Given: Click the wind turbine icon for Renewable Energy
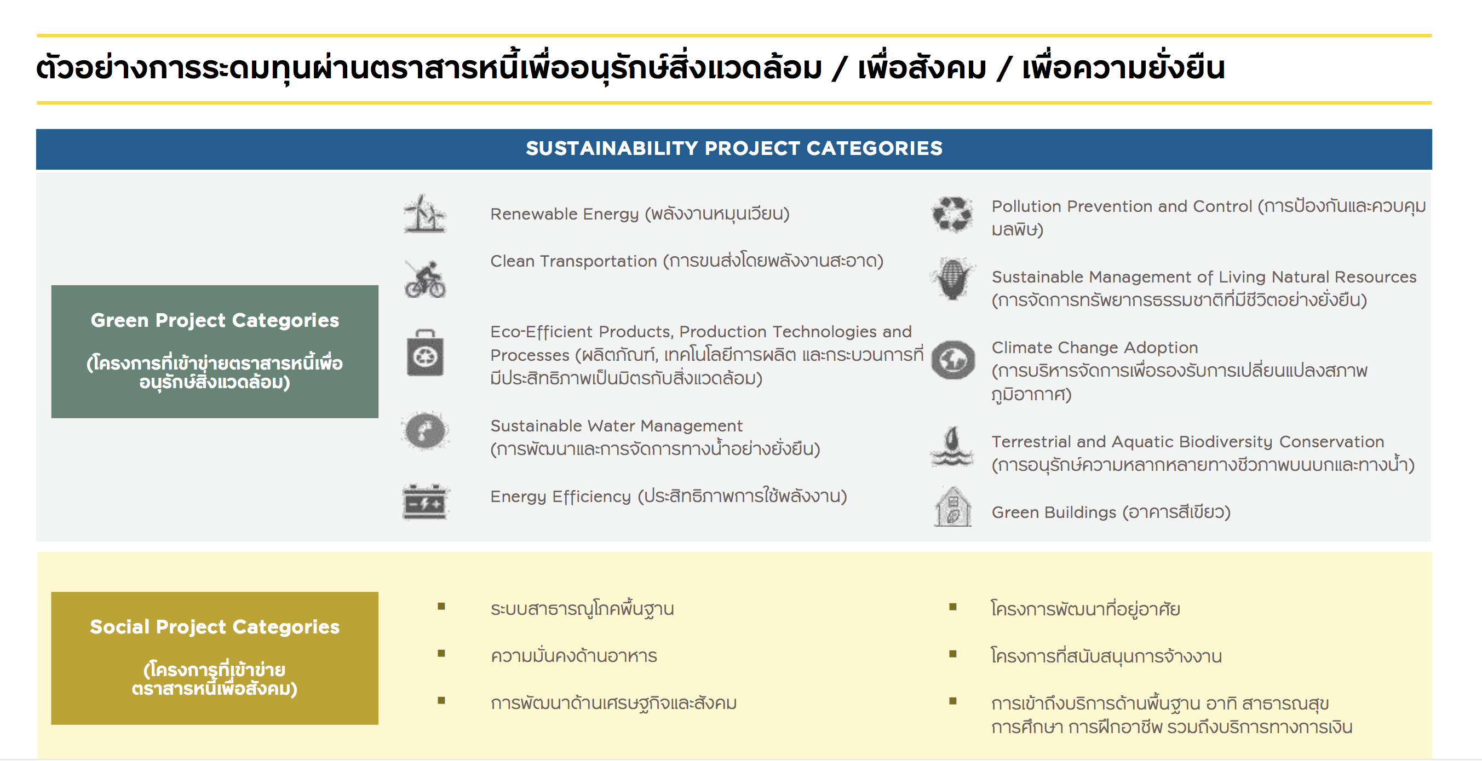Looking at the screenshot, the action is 424,214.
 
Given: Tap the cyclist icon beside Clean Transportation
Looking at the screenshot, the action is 425,279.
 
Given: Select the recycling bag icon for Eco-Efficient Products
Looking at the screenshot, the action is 425,353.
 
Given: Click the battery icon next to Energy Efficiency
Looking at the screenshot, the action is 425,502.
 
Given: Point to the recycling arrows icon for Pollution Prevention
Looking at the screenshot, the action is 952,215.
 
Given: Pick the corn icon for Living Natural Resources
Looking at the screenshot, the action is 952,279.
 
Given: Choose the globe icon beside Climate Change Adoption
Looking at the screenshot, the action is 953,361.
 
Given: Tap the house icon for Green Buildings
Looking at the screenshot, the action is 953,507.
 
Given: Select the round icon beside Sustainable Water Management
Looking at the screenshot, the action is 425,431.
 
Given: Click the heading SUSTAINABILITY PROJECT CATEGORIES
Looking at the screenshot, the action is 734,148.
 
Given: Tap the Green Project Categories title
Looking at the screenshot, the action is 215,320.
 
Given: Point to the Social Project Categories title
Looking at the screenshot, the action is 215,627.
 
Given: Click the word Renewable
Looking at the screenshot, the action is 534,214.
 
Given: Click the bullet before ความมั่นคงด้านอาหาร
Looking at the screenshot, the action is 441,654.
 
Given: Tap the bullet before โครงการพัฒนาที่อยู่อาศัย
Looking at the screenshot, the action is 953,607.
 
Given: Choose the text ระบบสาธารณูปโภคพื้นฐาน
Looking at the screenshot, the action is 582,609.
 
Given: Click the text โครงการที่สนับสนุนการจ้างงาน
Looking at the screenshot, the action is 1106,656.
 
